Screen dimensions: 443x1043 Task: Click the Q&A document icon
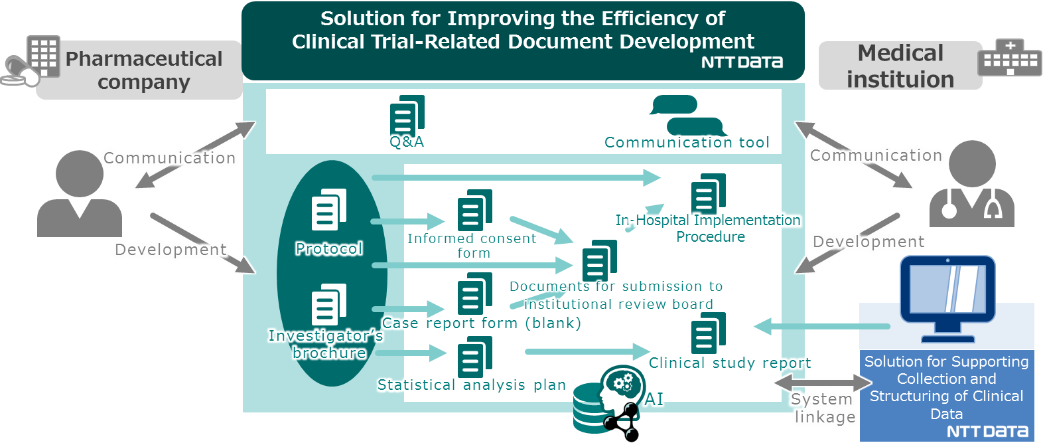tap(407, 116)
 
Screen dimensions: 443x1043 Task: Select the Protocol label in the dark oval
tap(329, 248)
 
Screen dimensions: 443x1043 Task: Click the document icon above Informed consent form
tap(474, 210)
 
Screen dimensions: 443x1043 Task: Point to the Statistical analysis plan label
tap(471, 385)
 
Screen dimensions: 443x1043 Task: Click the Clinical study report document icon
tap(708, 333)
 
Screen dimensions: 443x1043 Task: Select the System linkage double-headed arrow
tap(823, 383)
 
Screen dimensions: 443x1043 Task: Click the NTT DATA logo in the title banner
tap(742, 62)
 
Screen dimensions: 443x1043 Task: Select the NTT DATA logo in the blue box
tap(987, 432)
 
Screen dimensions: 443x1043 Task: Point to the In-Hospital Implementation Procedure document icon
tap(708, 194)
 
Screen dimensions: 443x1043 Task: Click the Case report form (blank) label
tap(481, 323)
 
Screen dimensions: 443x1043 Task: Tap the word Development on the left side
tap(171, 250)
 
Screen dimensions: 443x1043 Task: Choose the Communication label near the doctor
tap(876, 155)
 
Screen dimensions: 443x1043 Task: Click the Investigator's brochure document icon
tap(329, 305)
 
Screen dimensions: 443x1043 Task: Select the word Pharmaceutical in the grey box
tap(144, 59)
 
